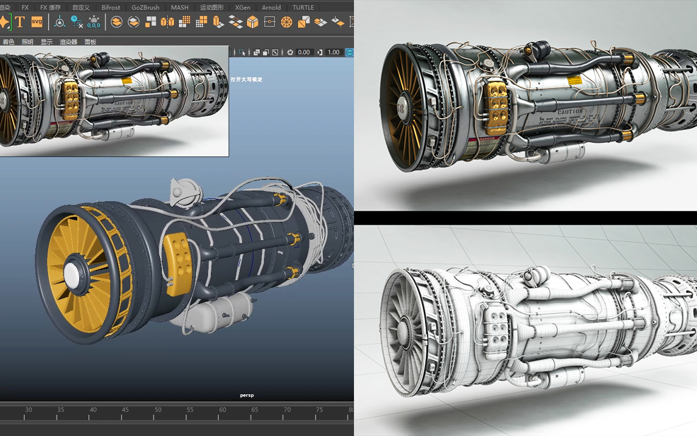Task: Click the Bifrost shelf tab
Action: point(111,7)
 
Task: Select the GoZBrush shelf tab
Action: point(145,7)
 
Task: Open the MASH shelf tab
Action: point(179,7)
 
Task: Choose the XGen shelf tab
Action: point(243,7)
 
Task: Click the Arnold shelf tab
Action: point(271,7)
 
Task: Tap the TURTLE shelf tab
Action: point(303,7)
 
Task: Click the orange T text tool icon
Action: point(20,22)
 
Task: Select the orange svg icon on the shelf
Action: point(37,22)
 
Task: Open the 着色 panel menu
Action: point(9,42)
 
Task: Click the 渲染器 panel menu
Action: point(68,42)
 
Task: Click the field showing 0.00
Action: point(304,52)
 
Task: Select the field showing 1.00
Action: point(333,52)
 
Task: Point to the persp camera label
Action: point(247,395)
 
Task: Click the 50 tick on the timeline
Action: point(158,410)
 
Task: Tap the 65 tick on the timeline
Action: point(255,410)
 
